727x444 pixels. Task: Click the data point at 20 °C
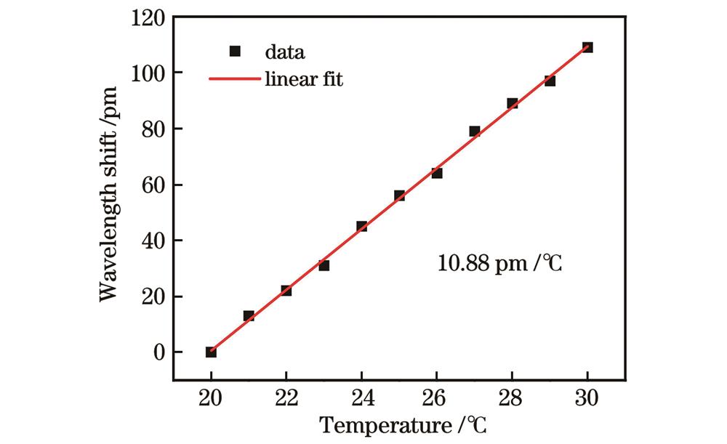211,352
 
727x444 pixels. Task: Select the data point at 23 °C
324,265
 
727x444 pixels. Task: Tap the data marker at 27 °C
475,132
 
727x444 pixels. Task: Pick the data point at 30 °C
587,47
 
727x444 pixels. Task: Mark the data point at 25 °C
399,195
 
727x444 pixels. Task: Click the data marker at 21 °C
249,316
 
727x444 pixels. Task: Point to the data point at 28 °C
513,103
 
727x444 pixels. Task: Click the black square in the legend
234,52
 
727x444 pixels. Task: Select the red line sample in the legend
234,79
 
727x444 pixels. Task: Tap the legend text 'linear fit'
304,79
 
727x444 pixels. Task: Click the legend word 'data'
284,52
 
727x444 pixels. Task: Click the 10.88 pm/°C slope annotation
500,263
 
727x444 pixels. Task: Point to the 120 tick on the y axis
148,17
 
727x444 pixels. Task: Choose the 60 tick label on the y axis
153,185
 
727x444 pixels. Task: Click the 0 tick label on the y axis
158,352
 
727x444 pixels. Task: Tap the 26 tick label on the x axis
437,397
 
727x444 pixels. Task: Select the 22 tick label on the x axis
286,397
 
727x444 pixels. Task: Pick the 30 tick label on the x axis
587,397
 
